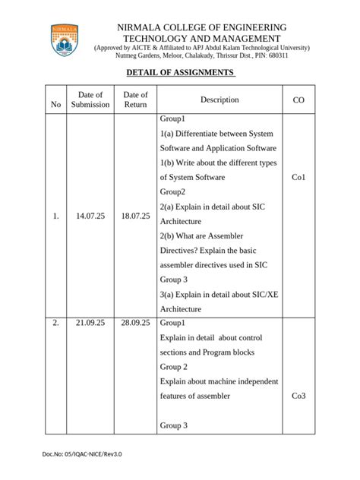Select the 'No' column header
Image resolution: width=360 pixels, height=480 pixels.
(x=55, y=105)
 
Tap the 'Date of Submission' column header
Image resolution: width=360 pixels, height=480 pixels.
(x=90, y=99)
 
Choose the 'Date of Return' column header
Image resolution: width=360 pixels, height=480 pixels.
(x=135, y=99)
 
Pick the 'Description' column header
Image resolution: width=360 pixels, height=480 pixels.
(x=219, y=99)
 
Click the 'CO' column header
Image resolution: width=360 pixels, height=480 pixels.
(x=298, y=99)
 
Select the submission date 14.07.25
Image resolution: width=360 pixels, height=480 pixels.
(x=90, y=216)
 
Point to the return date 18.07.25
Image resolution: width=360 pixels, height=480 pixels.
(x=135, y=216)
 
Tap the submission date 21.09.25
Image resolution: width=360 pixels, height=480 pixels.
(x=90, y=323)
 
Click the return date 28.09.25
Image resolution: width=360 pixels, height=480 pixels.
(x=135, y=323)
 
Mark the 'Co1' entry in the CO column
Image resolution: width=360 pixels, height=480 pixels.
(x=298, y=177)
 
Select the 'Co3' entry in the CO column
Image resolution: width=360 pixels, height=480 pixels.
(x=298, y=396)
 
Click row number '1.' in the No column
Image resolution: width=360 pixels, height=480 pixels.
(x=55, y=216)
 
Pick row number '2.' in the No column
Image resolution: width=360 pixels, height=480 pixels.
(x=55, y=323)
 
